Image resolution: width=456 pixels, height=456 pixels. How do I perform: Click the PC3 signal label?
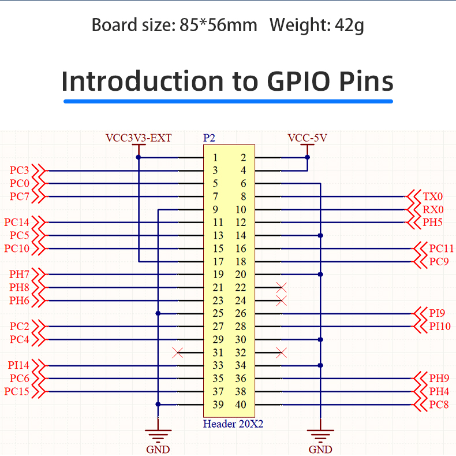point(19,170)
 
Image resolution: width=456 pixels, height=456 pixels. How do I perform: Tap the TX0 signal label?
point(432,197)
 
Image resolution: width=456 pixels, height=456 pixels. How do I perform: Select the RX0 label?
point(432,210)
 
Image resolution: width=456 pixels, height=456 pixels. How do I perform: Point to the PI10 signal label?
point(440,327)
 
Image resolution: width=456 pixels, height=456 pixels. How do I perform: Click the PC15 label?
point(16,391)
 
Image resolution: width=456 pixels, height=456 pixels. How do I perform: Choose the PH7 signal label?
point(19,274)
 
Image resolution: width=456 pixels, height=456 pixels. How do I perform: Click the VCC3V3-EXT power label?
point(139,138)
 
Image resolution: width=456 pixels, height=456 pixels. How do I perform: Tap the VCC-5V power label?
point(307,138)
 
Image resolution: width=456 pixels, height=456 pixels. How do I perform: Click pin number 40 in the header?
point(241,405)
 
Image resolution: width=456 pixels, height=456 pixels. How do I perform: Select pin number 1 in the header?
point(215,157)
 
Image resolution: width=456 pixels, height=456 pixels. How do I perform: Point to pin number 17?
point(218,261)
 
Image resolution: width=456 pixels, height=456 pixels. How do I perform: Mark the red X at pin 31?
point(178,353)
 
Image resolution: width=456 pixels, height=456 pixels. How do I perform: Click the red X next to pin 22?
point(282,287)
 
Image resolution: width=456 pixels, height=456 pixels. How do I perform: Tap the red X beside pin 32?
point(282,353)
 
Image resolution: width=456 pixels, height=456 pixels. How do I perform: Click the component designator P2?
point(209,138)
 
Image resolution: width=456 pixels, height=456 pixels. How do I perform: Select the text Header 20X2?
point(233,424)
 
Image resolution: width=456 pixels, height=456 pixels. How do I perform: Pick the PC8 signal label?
point(439,405)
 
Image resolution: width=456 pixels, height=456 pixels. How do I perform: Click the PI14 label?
point(19,365)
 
